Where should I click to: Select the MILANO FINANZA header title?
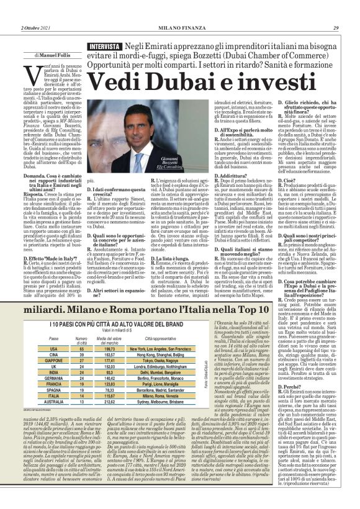180,29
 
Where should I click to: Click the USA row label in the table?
54,349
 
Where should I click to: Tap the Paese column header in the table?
54,339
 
